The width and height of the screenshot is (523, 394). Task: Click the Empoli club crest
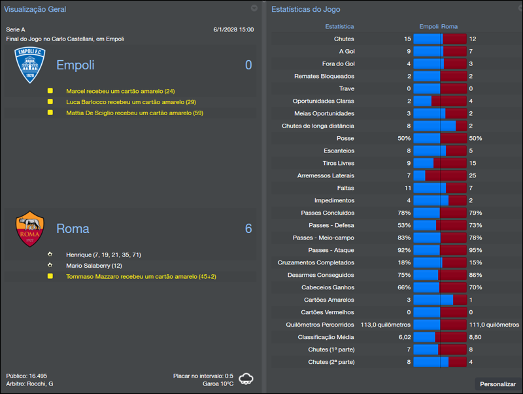coord(30,65)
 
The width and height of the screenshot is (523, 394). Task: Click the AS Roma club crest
coord(30,228)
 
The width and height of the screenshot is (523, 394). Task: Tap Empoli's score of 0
coord(248,65)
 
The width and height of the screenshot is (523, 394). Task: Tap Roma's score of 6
coord(248,228)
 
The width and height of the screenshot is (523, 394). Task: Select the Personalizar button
coord(498,384)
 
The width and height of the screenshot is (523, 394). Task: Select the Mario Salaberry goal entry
coord(94,266)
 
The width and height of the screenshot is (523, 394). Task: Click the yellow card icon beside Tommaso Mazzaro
coord(50,277)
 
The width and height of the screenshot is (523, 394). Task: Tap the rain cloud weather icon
coord(246,379)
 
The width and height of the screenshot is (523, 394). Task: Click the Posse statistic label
coord(345,138)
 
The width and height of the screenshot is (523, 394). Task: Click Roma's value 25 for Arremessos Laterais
coord(473,175)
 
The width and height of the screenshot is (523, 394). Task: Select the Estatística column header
coord(339,27)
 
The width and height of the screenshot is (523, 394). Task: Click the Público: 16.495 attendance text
coord(27,376)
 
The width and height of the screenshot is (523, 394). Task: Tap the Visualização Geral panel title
coord(35,9)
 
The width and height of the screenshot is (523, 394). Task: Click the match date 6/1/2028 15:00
coord(233,29)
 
